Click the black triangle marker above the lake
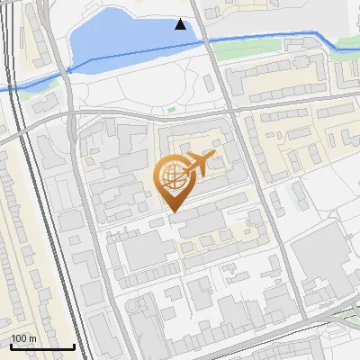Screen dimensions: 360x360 [181, 24]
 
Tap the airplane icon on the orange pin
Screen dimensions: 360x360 [200, 164]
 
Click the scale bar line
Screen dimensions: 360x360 [42, 346]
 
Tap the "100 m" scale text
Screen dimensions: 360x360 [23, 337]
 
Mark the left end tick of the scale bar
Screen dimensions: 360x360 [11, 345]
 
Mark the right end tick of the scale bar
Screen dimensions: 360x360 [74, 345]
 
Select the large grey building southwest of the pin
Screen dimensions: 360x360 [142, 252]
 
